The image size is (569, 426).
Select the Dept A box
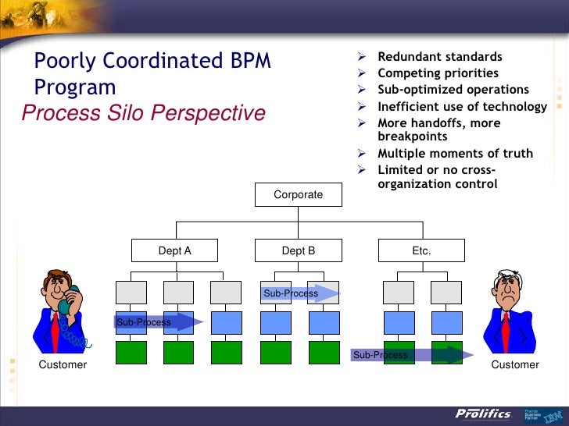point(175,250)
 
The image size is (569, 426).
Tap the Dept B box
point(299,250)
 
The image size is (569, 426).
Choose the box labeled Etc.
point(421,250)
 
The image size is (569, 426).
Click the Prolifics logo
point(483,414)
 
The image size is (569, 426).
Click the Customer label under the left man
point(63,364)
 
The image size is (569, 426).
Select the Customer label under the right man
point(515,364)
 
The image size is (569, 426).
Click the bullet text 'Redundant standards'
point(440,57)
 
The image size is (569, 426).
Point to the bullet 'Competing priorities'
point(438,73)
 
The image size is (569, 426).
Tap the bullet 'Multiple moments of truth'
point(455,153)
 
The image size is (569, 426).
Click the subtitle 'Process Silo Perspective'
point(144,114)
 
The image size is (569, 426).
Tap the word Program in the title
point(76,87)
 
